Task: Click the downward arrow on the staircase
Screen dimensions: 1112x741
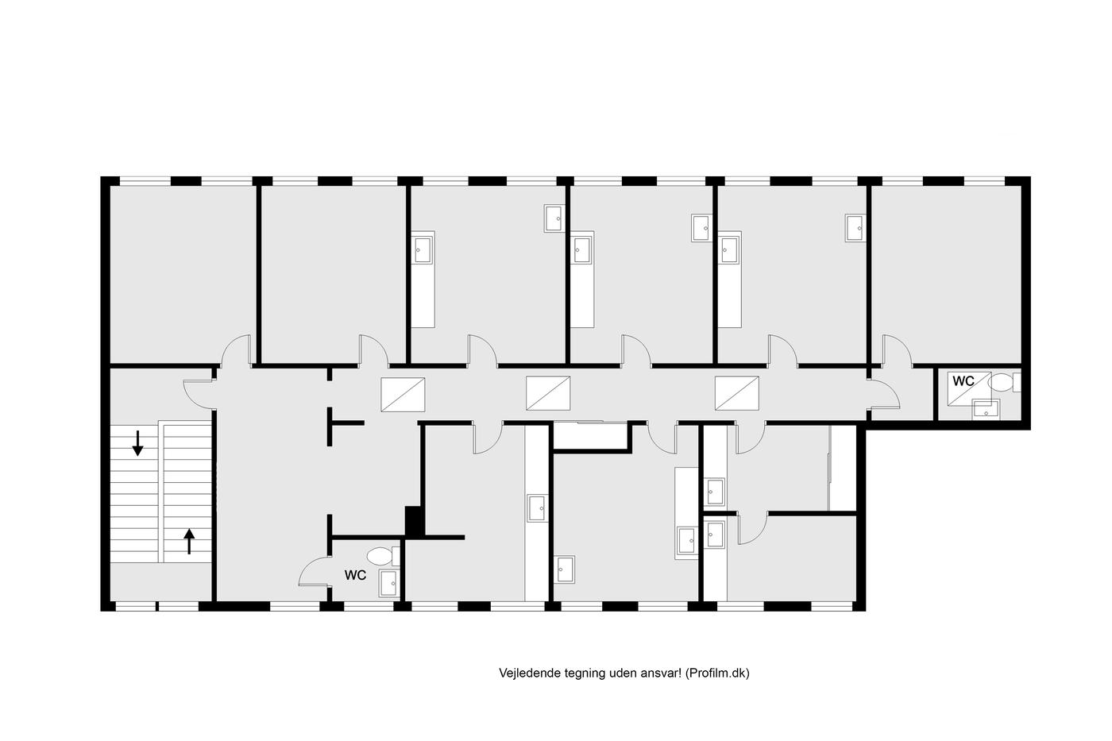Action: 137,443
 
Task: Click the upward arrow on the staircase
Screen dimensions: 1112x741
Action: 189,541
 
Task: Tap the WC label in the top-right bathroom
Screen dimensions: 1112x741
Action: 963,381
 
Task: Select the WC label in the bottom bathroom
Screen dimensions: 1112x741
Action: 356,575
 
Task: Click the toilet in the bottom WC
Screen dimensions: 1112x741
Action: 383,556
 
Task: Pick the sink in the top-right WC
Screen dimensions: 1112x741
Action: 986,410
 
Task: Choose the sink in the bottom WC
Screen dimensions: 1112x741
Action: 388,583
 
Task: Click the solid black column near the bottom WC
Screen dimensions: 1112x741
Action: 415,521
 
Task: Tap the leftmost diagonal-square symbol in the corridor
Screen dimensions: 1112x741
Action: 403,394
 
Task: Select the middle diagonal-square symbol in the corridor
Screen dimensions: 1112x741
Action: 548,393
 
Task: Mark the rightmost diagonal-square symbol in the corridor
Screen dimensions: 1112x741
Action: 737,393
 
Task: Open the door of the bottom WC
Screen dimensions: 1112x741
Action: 315,572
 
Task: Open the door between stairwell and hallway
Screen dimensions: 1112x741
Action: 199,394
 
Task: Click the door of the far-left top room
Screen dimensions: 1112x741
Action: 235,351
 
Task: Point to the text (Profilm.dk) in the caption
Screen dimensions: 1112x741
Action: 717,673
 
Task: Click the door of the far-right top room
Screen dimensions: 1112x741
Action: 897,351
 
